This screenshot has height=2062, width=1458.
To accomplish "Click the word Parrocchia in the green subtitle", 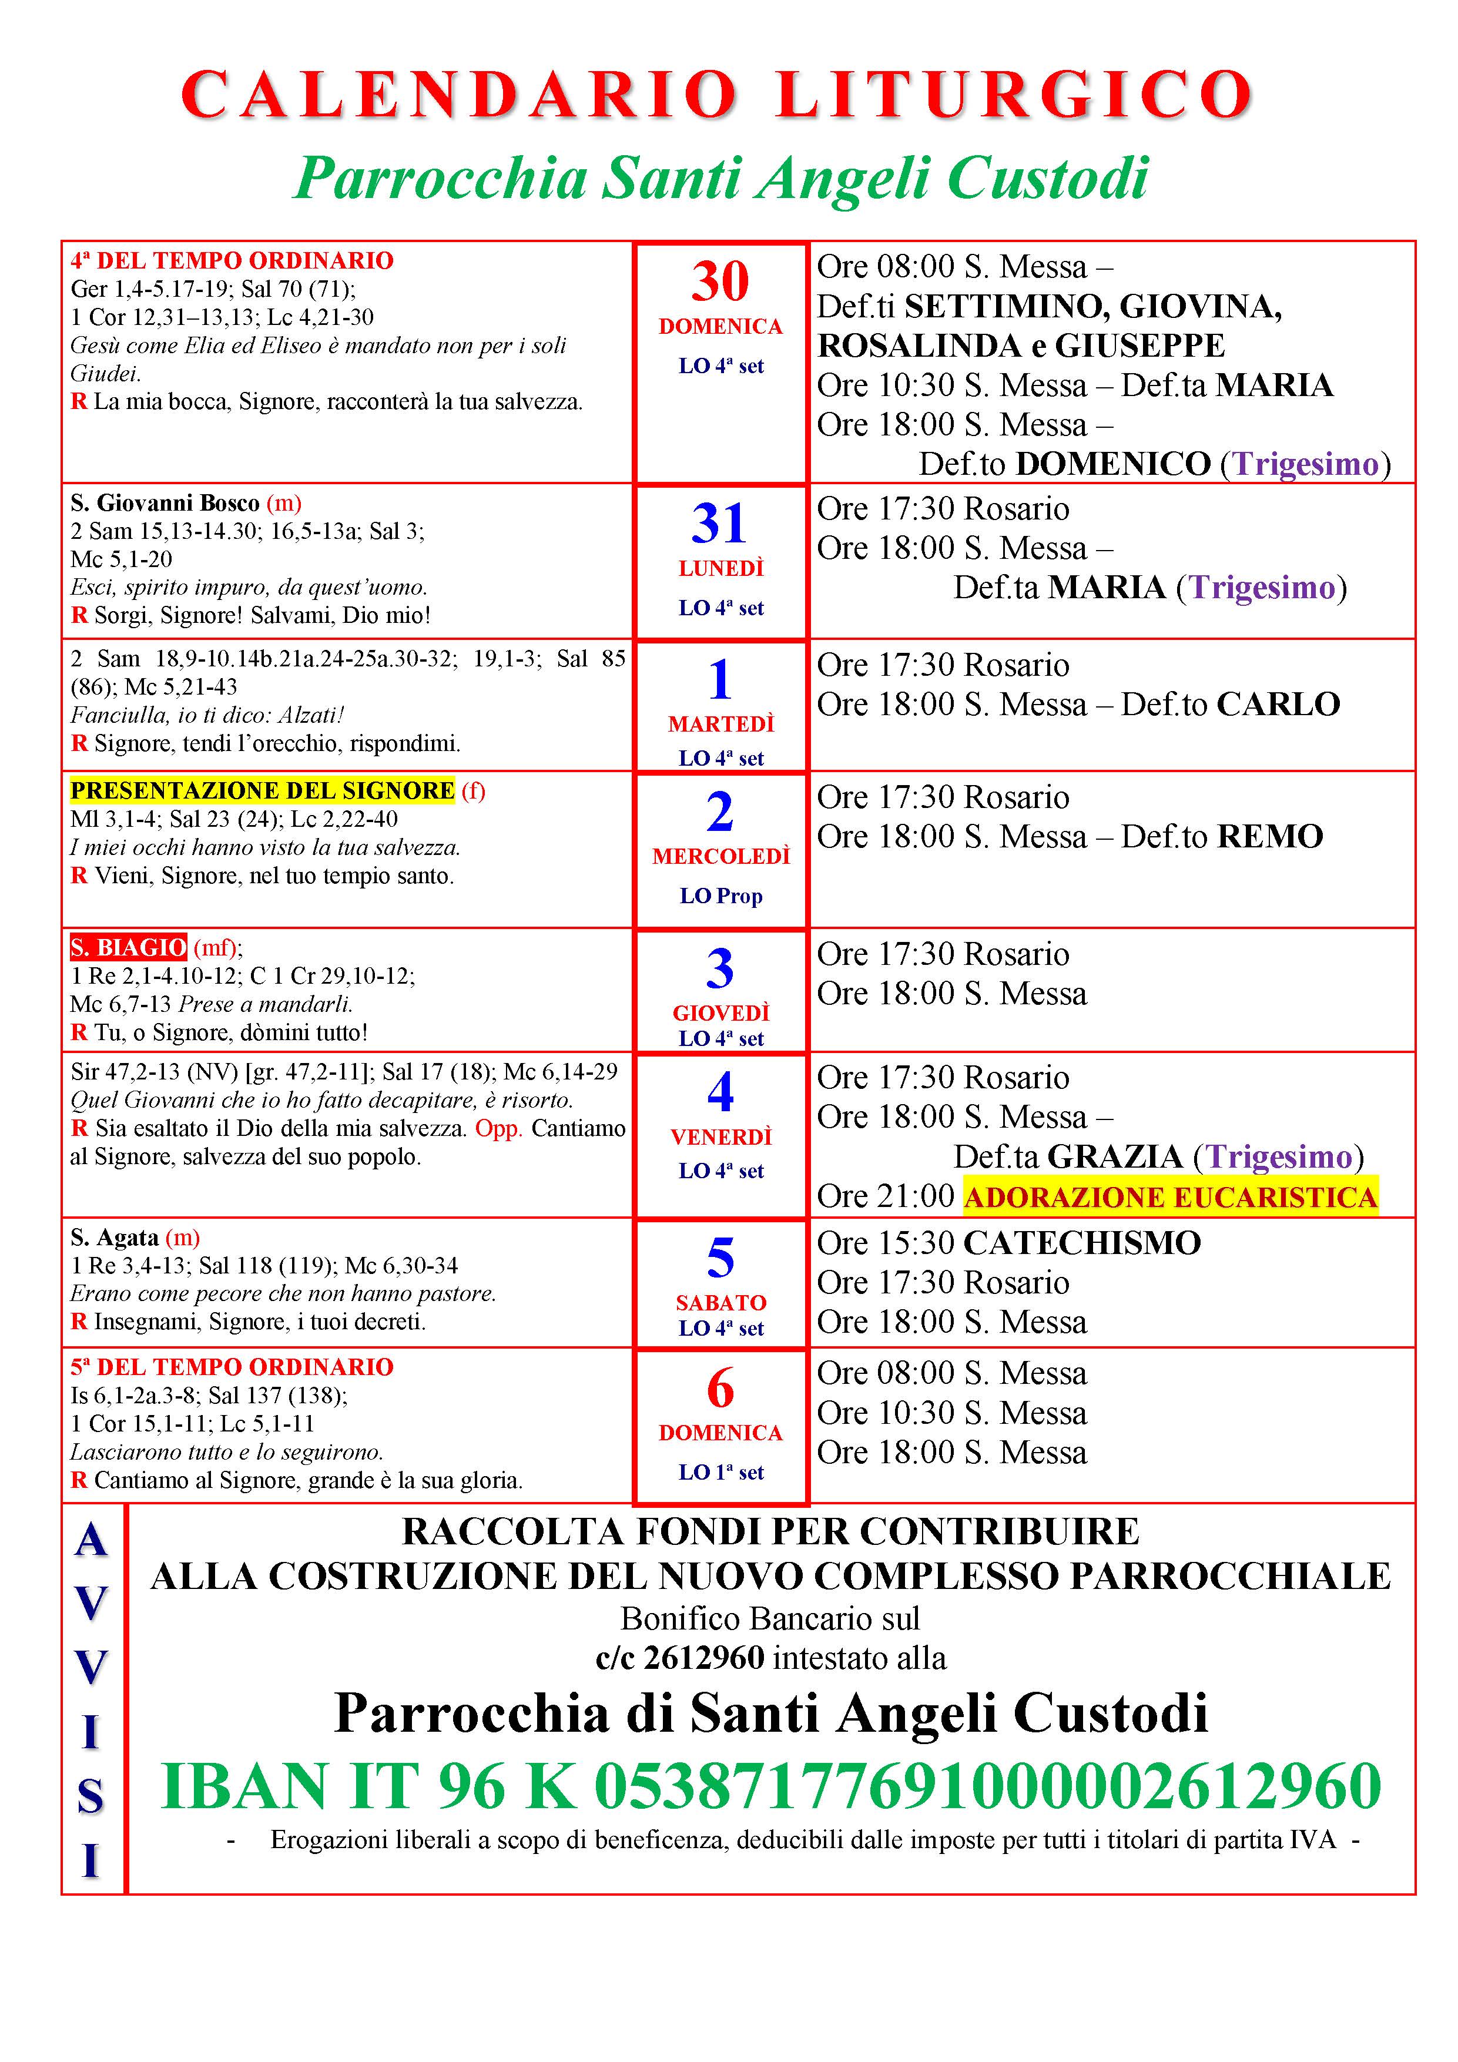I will click(x=440, y=178).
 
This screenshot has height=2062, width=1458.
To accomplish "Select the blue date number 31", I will click(x=719, y=524).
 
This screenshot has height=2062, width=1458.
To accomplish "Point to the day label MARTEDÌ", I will click(x=720, y=724).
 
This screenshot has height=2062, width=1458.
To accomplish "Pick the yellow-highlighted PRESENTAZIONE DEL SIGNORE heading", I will click(x=262, y=790).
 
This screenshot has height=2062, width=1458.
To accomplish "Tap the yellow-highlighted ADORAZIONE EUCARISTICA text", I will click(x=1169, y=1197).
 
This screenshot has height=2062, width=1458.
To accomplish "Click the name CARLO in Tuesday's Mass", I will click(x=1278, y=704).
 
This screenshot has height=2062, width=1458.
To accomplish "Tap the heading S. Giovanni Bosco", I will click(x=165, y=503).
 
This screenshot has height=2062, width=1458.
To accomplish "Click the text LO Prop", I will click(x=720, y=896).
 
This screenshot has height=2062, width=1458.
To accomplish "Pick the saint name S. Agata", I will click(x=115, y=1238).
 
